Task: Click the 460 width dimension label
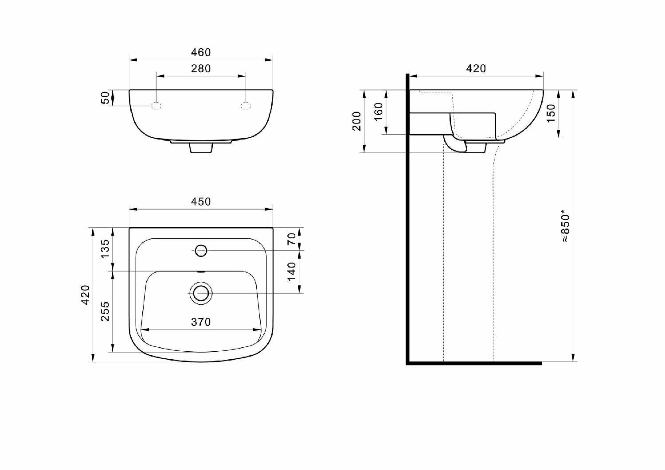(201, 52)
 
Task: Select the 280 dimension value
(201, 69)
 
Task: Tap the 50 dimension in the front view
(106, 97)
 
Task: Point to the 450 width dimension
(201, 202)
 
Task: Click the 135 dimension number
(106, 249)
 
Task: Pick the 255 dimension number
(106, 311)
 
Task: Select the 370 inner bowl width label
(201, 322)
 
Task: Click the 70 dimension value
(292, 239)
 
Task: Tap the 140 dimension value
(292, 271)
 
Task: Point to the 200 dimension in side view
(356, 121)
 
